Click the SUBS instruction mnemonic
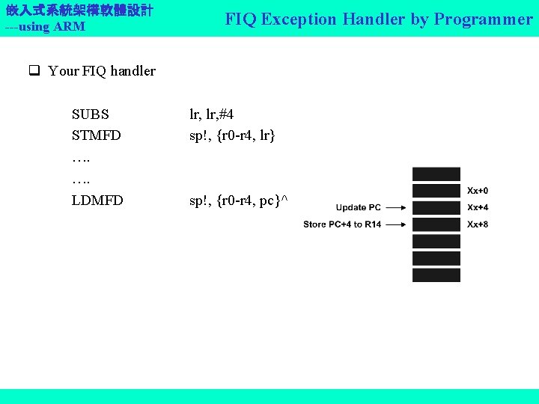90,114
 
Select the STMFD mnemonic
96,135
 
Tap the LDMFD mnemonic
97,201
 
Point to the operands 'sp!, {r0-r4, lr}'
232,135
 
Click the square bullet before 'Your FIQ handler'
34,72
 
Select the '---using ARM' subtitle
45,27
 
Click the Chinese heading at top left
79,10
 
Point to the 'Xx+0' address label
478,191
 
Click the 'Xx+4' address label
478,207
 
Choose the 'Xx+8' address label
478,224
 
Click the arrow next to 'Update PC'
397,207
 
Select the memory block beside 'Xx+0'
436,191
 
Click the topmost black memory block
436,173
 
